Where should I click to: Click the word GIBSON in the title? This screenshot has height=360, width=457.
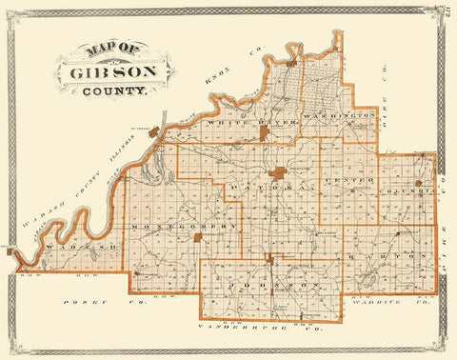[x=111, y=72]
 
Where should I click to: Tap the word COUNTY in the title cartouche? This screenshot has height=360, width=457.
[x=114, y=93]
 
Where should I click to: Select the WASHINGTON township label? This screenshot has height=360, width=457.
[x=340, y=113]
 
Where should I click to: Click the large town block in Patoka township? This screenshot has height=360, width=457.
[x=278, y=174]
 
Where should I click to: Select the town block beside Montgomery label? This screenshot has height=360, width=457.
[x=198, y=236]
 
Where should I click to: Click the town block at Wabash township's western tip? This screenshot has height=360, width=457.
[x=12, y=252]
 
